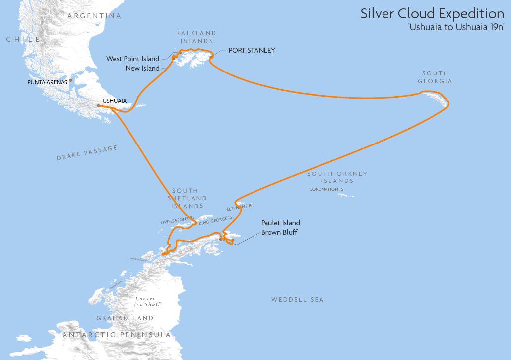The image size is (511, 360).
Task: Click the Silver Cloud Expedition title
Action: coord(432,13)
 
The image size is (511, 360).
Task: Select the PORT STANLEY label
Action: coord(252,50)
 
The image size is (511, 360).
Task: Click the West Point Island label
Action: coord(133,59)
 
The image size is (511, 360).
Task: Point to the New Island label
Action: coord(142,68)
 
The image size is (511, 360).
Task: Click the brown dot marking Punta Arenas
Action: coord(71,80)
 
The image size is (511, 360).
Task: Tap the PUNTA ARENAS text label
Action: coord(47,82)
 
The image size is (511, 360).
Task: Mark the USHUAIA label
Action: coord(114,101)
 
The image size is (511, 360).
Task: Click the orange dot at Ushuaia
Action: coord(98,105)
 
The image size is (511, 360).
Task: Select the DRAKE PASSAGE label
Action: coord(87,152)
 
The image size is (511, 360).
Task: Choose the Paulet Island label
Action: coord(281,223)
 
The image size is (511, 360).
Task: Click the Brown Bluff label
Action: coord(279,232)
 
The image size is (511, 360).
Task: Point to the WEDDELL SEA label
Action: coord(297,300)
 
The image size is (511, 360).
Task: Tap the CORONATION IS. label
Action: coord(327,189)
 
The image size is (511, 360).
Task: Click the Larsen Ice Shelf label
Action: coord(148,302)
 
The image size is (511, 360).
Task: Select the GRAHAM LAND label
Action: coord(125,318)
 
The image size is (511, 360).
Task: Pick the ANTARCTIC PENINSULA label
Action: coord(117,335)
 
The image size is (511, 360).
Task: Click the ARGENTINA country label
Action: coord(94,16)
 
